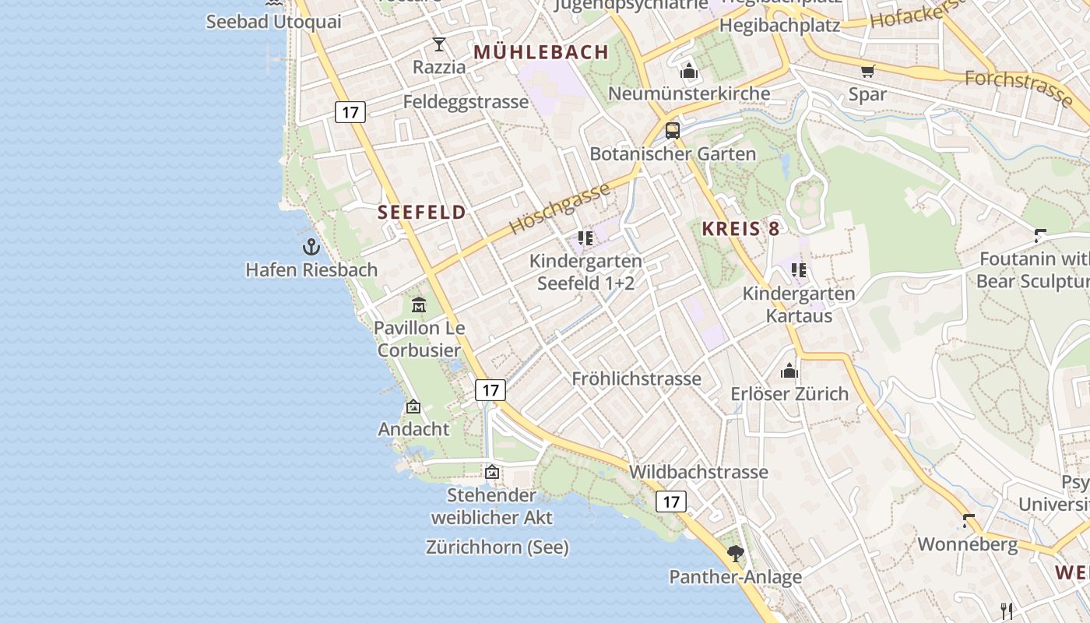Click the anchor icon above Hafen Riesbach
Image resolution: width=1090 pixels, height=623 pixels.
pyautogui.click(x=311, y=248)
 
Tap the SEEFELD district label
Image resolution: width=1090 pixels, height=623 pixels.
pyautogui.click(x=422, y=213)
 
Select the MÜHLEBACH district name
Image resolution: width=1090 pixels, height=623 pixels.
pyautogui.click(x=541, y=52)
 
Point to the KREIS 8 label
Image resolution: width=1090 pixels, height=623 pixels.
pyautogui.click(x=740, y=229)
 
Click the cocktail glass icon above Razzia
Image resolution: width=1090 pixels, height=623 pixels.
pyautogui.click(x=439, y=44)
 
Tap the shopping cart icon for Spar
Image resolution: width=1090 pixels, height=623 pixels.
pyautogui.click(x=867, y=72)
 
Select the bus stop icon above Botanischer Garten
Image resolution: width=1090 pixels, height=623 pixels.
pyautogui.click(x=673, y=131)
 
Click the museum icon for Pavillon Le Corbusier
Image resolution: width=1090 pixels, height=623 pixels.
pyautogui.click(x=419, y=304)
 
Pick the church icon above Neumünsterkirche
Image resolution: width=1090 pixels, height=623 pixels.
pyautogui.click(x=688, y=72)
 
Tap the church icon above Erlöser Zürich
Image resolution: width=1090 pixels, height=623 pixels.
pyautogui.click(x=789, y=371)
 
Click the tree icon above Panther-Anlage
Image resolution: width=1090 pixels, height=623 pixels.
pyautogui.click(x=735, y=554)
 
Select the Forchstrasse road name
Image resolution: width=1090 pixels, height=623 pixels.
pyautogui.click(x=1018, y=88)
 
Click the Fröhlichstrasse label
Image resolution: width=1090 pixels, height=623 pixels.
pyautogui.click(x=636, y=379)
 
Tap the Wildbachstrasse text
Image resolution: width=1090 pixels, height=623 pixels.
pyautogui.click(x=698, y=472)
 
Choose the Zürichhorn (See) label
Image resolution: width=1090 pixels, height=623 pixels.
pyautogui.click(x=498, y=547)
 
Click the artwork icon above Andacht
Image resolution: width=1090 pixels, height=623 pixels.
pyautogui.click(x=413, y=407)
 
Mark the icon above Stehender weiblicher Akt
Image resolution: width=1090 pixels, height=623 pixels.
pyautogui.click(x=492, y=472)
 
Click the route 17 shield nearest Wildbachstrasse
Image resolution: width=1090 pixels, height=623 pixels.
pyautogui.click(x=670, y=502)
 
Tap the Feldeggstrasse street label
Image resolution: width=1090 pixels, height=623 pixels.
pyautogui.click(x=466, y=102)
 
